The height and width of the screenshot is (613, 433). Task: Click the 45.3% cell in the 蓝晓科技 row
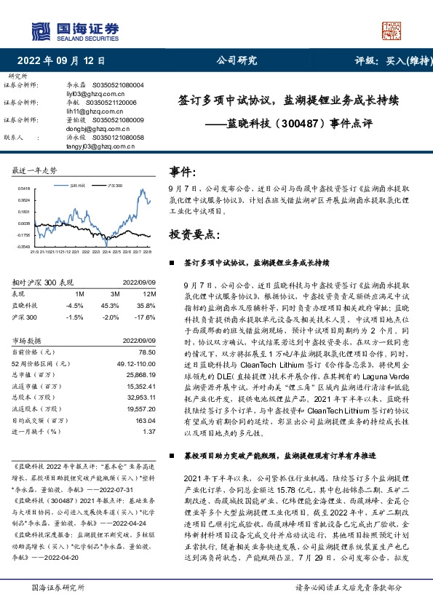(109, 306)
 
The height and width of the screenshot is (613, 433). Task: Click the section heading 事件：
(183, 172)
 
